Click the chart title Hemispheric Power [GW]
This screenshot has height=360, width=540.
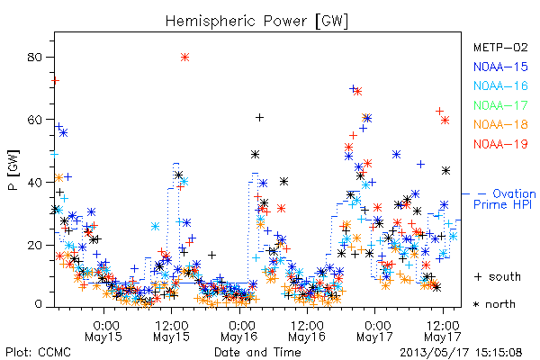[x=256, y=22]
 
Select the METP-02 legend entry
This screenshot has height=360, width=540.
[x=500, y=47]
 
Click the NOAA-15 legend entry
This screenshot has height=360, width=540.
[x=500, y=67]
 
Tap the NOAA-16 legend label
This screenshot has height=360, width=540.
[x=500, y=85]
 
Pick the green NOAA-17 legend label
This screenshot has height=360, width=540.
[x=500, y=105]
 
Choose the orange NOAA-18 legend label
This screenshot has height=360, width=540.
[x=500, y=124]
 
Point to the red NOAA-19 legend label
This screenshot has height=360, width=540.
[x=500, y=144]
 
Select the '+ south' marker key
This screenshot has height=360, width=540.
[x=498, y=276]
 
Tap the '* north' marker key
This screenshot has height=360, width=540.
[x=494, y=304]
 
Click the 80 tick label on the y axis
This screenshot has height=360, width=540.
[x=34, y=58]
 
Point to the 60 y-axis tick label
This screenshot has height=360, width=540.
[x=34, y=120]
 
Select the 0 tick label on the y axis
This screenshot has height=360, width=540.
[x=38, y=304]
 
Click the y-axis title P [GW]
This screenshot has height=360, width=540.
[x=13, y=170]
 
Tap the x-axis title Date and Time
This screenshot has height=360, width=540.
[x=257, y=353]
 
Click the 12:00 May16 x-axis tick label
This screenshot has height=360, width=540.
[x=307, y=331]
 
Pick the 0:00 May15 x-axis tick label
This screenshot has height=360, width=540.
[x=103, y=331]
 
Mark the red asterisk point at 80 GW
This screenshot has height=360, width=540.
[x=184, y=58]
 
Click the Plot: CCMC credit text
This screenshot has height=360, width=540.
[x=38, y=353]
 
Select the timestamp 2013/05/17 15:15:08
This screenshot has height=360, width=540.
[x=461, y=353]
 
